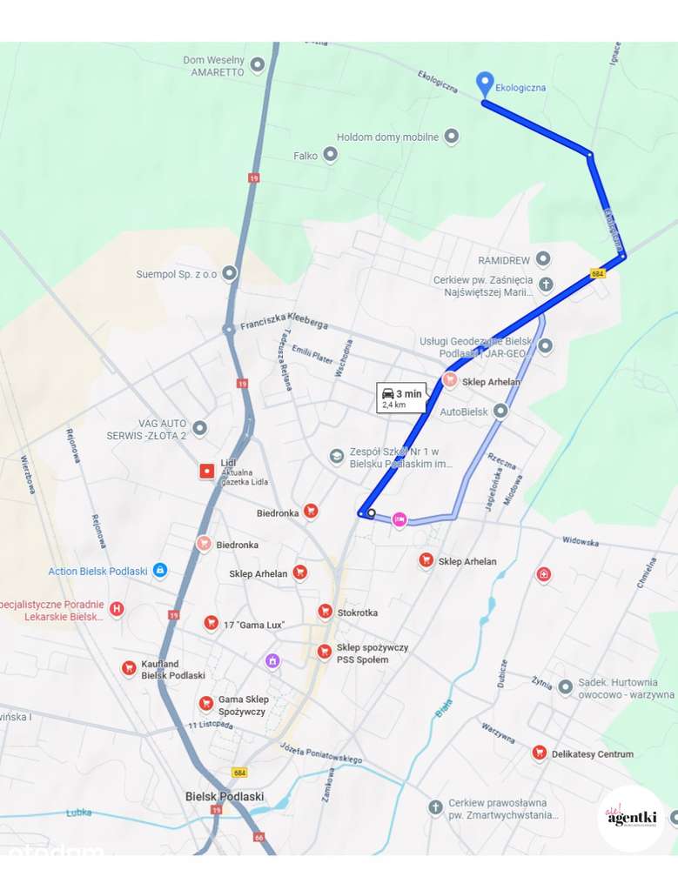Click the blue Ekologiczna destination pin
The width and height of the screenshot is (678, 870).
[485, 84]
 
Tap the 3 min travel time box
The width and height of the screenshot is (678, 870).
[401, 397]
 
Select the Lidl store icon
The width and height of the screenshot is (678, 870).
[207, 472]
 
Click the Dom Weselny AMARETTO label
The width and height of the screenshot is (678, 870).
[213, 66]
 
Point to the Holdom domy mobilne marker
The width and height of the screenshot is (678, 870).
[451, 137]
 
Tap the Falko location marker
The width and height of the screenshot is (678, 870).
[330, 155]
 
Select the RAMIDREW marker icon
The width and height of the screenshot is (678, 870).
[543, 259]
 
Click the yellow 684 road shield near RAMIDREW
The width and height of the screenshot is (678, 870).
[597, 272]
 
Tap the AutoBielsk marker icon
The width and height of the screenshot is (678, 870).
[500, 411]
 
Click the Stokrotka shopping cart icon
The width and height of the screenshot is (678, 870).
[325, 612]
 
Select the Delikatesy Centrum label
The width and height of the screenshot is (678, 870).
[592, 754]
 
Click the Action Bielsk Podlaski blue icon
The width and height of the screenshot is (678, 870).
[159, 571]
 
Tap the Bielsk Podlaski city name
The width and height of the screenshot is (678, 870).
[225, 796]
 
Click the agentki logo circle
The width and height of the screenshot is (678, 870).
[631, 817]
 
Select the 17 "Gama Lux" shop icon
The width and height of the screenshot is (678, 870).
[211, 623]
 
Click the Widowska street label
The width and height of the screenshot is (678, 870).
[581, 541]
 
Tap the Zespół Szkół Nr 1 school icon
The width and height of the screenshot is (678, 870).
[337, 456]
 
